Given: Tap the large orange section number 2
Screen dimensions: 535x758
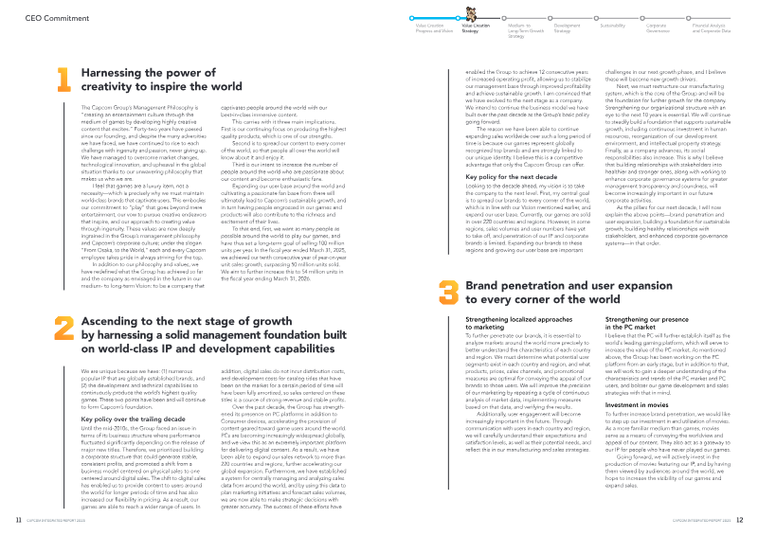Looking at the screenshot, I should (63, 301).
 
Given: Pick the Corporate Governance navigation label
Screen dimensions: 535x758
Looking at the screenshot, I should (657, 30).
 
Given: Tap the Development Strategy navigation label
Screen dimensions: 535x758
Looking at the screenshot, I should (567, 30).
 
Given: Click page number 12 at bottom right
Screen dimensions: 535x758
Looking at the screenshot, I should (740, 519).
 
